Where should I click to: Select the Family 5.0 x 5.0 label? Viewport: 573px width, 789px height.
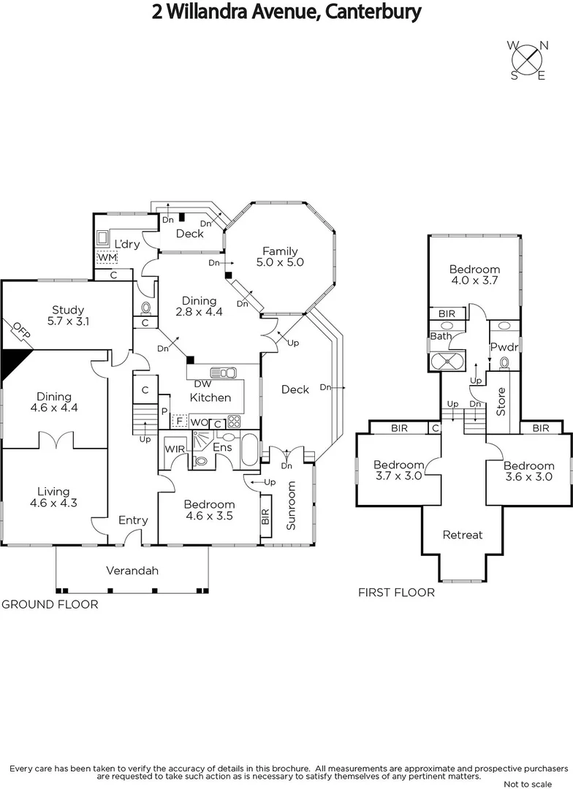(281, 256)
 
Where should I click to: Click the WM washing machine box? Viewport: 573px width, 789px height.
(107, 258)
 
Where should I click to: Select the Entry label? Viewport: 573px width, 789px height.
(133, 520)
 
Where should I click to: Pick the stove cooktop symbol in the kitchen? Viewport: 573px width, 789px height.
(235, 421)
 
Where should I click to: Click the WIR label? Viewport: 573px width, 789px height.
(173, 449)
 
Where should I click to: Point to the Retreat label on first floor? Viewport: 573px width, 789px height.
(463, 535)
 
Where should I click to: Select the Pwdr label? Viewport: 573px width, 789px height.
(504, 346)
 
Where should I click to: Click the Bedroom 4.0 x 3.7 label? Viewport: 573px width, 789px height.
(475, 275)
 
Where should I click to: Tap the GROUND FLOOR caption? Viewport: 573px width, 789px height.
(50, 605)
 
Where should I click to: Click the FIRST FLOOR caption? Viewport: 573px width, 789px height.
(396, 592)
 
